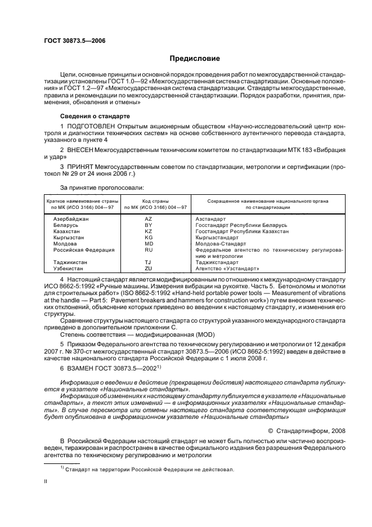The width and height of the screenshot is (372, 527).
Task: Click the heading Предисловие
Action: (195, 59)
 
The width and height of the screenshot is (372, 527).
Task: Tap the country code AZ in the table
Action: (149, 218)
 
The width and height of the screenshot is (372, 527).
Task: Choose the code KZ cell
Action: (149, 231)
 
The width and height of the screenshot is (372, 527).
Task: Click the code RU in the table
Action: (149, 249)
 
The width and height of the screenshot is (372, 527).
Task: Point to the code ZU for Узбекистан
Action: (149, 269)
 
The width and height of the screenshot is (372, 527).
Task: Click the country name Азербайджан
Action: (71, 218)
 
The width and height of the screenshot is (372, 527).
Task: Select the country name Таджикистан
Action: (71, 262)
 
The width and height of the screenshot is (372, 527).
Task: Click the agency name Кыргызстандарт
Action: (217, 237)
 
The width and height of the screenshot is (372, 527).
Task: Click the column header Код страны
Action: (149, 201)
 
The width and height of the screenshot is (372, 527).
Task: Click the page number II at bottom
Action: (46, 483)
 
